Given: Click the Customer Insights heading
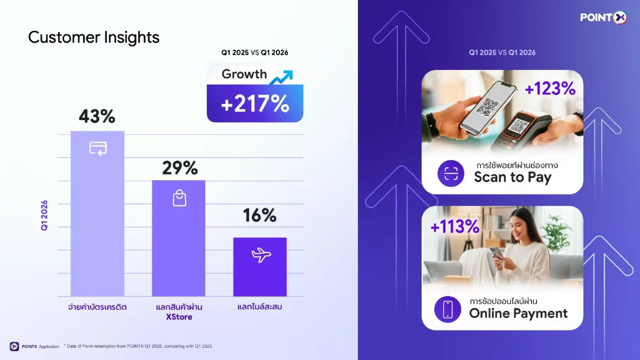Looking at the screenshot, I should [93, 37].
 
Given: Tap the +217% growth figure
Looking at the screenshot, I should [255, 104].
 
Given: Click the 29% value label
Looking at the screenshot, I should [180, 168].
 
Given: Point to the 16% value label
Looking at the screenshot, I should [260, 215].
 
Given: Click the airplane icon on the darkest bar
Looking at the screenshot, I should [261, 255].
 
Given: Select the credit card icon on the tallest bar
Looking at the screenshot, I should [98, 148].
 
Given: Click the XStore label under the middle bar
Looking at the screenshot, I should [179, 317].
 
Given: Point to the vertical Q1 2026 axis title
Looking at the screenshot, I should [44, 215].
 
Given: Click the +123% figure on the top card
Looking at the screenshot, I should [550, 89].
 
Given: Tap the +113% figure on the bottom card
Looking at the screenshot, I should [455, 227].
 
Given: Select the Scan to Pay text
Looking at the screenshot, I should [513, 178].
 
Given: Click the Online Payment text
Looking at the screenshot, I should [518, 313].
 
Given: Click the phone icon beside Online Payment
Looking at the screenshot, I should [447, 309].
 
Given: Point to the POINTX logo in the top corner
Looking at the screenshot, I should [604, 18].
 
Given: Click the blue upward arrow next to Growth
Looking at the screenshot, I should [281, 77].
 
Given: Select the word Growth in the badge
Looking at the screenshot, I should [244, 74].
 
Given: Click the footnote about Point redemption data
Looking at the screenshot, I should [139, 346].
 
